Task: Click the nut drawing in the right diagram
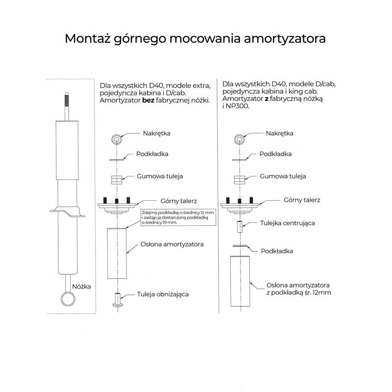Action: pyautogui.click(x=239, y=139)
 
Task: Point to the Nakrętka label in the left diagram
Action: pyautogui.click(x=157, y=133)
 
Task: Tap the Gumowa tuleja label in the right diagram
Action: pyautogui.click(x=283, y=175)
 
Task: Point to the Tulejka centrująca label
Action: pyautogui.click(x=287, y=222)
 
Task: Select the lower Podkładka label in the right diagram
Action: pyautogui.click(x=276, y=251)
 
